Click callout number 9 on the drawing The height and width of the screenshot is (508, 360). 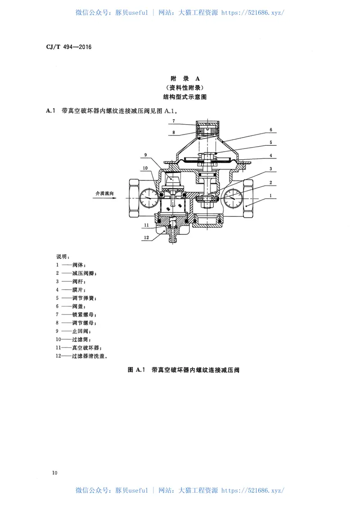(x=146, y=155)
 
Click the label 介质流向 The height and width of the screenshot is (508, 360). (x=104, y=193)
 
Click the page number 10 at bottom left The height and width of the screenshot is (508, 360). (x=55, y=472)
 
